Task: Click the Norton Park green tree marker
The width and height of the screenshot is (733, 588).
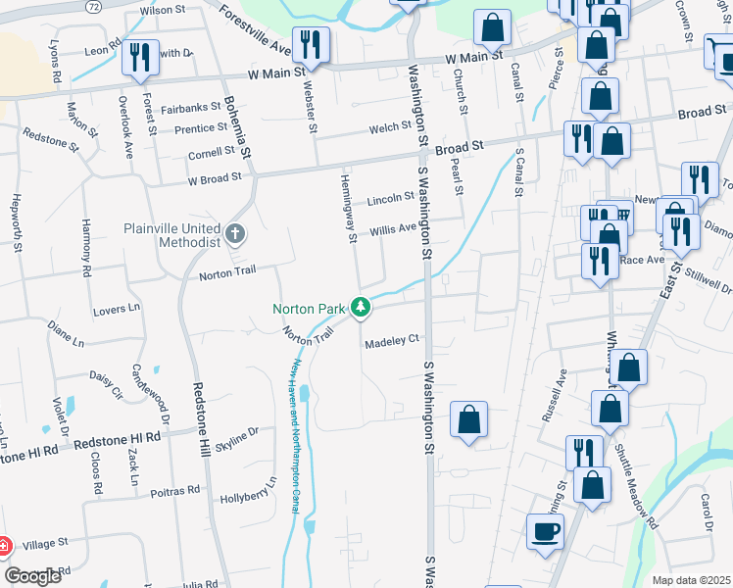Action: coord(362,308)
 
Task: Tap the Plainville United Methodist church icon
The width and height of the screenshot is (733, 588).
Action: coord(234,234)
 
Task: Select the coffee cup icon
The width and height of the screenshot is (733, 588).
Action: coord(545,532)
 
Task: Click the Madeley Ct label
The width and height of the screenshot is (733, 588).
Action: coord(392,340)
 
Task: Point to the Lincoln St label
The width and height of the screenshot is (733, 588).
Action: coord(391,198)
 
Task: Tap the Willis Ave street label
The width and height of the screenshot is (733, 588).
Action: coord(393,230)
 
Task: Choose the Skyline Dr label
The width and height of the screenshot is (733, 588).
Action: coord(237,437)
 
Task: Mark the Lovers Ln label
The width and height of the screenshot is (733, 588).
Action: coord(117,309)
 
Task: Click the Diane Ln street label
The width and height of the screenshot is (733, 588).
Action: coord(66,335)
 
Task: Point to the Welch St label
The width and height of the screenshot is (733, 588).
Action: coord(390,127)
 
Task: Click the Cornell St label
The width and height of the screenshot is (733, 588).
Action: coord(212,153)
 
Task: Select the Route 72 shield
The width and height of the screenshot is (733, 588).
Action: coord(93,6)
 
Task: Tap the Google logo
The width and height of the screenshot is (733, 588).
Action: coord(33,575)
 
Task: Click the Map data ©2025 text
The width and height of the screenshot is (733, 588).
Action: coord(691,580)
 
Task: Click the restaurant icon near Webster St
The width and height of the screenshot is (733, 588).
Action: coord(311,44)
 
